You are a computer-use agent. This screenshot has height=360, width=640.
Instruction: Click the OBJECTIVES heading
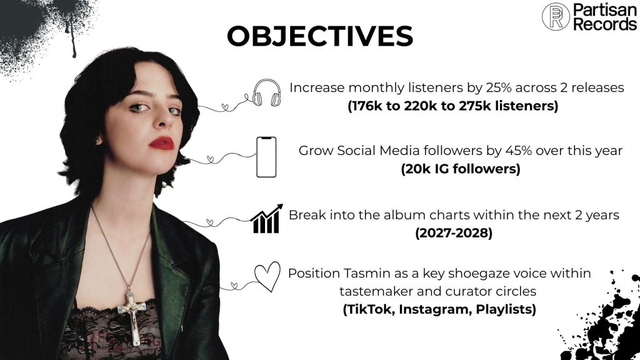(320, 36)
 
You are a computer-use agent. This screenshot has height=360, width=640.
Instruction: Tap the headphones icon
(266, 93)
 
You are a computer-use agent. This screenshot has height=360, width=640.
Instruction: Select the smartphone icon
(266, 157)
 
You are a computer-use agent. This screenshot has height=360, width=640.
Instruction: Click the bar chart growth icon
(266, 219)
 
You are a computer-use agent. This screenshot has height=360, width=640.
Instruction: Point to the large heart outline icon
(267, 276)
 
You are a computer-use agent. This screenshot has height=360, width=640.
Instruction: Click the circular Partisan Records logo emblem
(556, 17)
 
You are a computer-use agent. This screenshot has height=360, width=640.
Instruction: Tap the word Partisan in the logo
(604, 10)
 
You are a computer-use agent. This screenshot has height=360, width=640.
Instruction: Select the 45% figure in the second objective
(518, 151)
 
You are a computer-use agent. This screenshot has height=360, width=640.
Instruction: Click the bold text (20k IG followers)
(461, 169)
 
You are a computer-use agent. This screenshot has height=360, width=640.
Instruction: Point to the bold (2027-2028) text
(454, 233)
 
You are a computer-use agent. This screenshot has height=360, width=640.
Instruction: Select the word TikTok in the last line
(369, 309)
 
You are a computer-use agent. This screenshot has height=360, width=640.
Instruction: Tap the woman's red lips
(162, 143)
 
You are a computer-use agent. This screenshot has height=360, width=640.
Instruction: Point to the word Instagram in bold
(435, 309)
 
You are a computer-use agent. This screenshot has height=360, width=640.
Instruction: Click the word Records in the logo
(605, 24)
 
